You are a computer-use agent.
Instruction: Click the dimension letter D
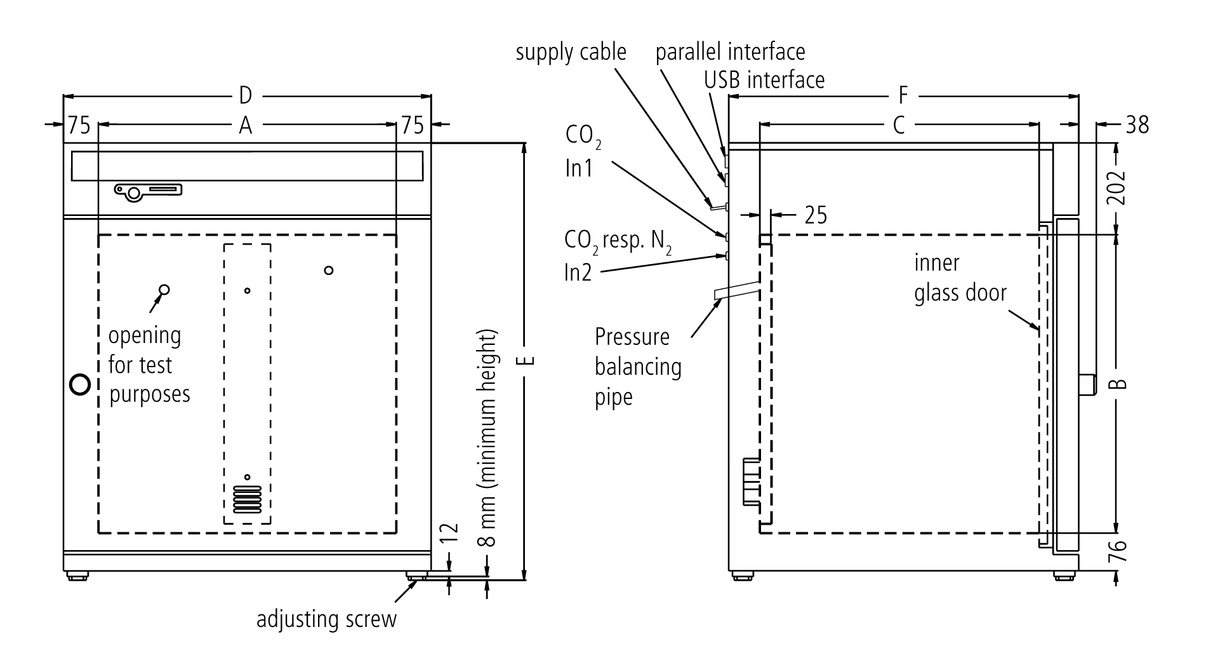point(246,97)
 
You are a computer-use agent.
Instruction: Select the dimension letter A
point(246,126)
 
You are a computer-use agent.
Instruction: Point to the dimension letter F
point(903,97)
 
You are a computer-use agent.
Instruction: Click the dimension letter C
point(899,126)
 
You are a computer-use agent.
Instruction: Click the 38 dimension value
point(1137,125)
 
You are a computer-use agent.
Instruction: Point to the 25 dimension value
point(816,215)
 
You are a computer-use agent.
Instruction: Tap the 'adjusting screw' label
point(326,619)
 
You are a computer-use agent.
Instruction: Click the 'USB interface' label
point(764,79)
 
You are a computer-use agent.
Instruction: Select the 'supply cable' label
point(571,52)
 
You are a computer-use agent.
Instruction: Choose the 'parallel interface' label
point(730,51)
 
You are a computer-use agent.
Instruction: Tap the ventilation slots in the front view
point(248,500)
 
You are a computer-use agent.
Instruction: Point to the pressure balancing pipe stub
point(737,290)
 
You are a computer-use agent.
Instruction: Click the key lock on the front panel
point(147,192)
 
